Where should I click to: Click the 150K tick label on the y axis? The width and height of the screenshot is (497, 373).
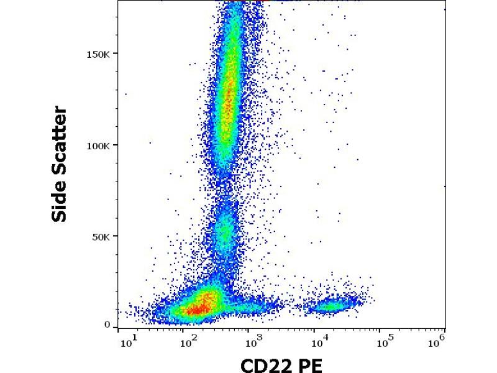99,53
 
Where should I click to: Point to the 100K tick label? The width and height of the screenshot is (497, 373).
99,145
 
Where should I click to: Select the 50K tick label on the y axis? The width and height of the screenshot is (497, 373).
101,237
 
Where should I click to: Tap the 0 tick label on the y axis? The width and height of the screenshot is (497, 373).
107,325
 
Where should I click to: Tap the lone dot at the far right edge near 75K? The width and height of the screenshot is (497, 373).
444,186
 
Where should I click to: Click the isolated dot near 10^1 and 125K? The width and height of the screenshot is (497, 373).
125,94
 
